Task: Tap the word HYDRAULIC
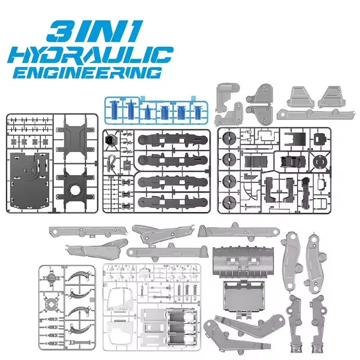[x=90, y=55]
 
